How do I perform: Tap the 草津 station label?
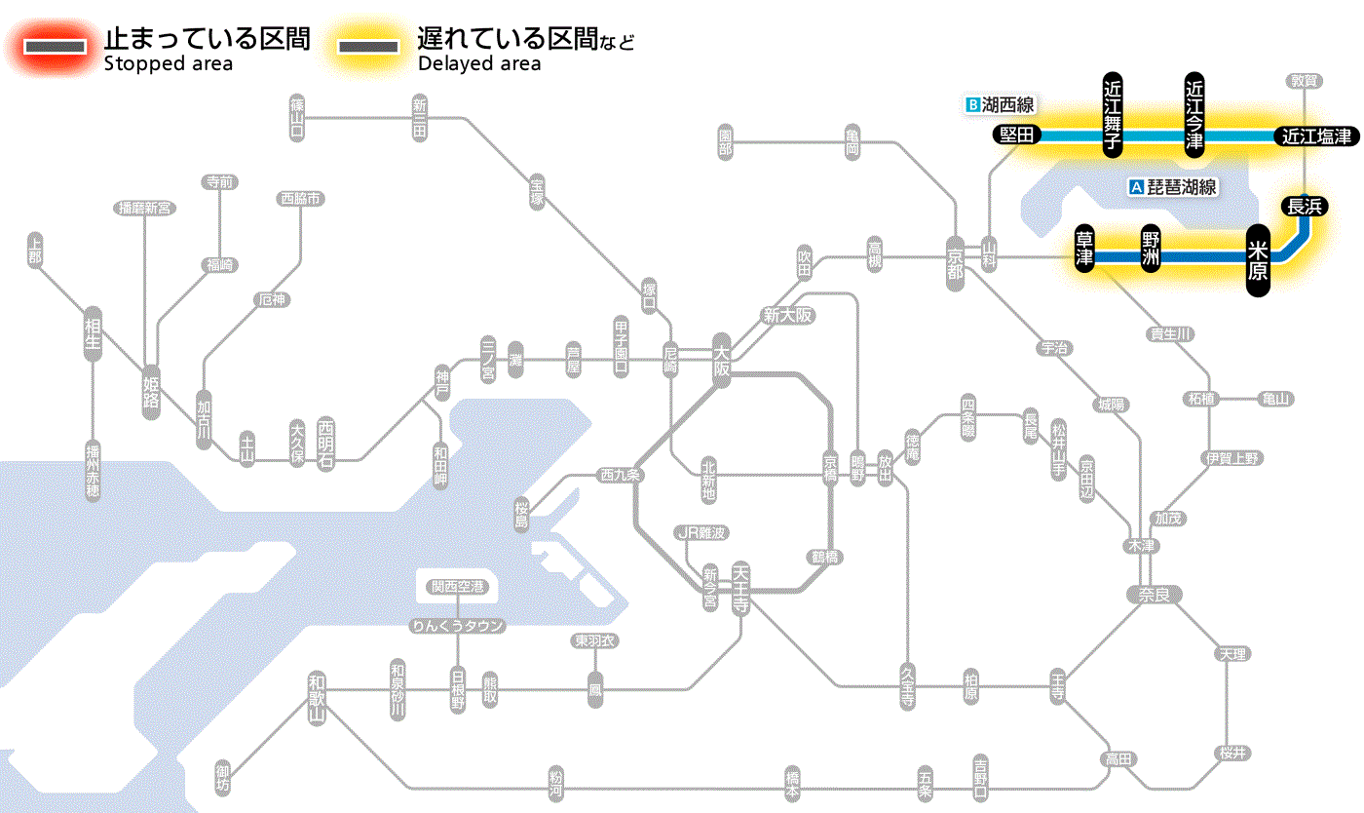1084,250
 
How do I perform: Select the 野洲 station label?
1152,250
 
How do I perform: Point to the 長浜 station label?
1304,206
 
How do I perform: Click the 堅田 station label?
1016,135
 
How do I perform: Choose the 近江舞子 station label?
1113,115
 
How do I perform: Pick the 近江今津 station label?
1194,115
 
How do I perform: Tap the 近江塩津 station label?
1315,136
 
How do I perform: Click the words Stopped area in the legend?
168,64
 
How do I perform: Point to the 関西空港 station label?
457,587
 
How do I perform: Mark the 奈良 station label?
1153,594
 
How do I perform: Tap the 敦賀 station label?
1304,81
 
